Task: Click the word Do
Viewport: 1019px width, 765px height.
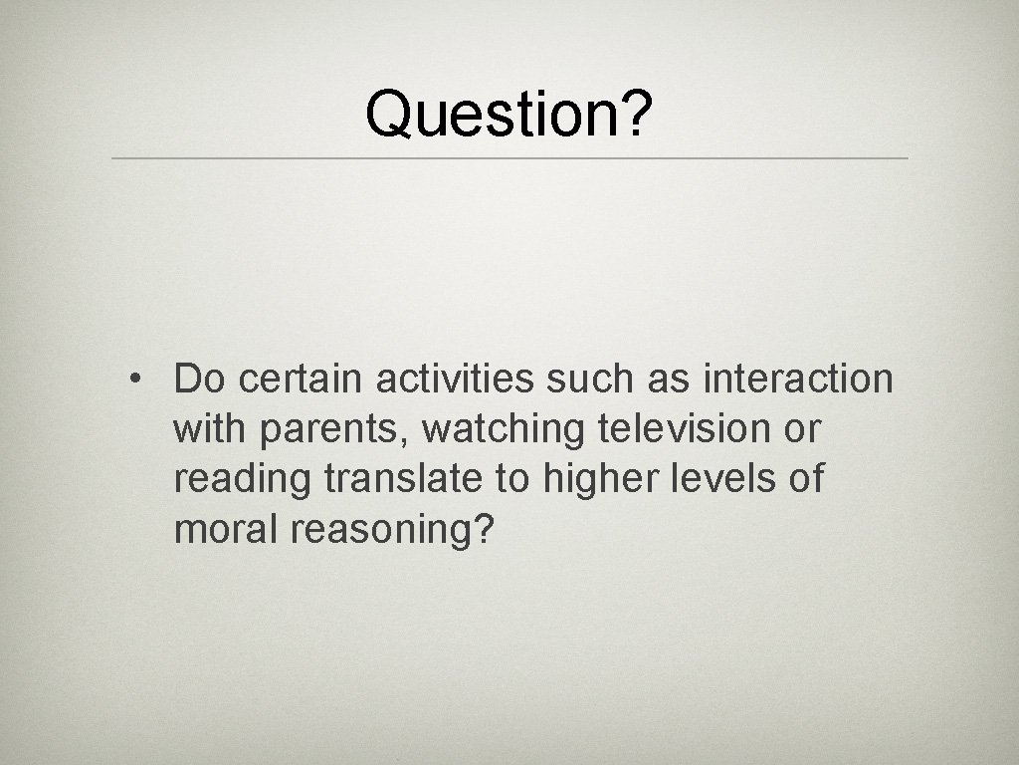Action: tap(201, 379)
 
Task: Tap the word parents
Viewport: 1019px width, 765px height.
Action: tap(334, 430)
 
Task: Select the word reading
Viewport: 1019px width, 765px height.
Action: tap(243, 480)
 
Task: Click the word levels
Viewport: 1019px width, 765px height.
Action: tap(728, 479)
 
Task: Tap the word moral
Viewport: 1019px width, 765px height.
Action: tap(227, 530)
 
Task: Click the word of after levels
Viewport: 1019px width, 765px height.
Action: tap(806, 479)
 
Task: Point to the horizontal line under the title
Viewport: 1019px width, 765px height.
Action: tap(509, 158)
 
